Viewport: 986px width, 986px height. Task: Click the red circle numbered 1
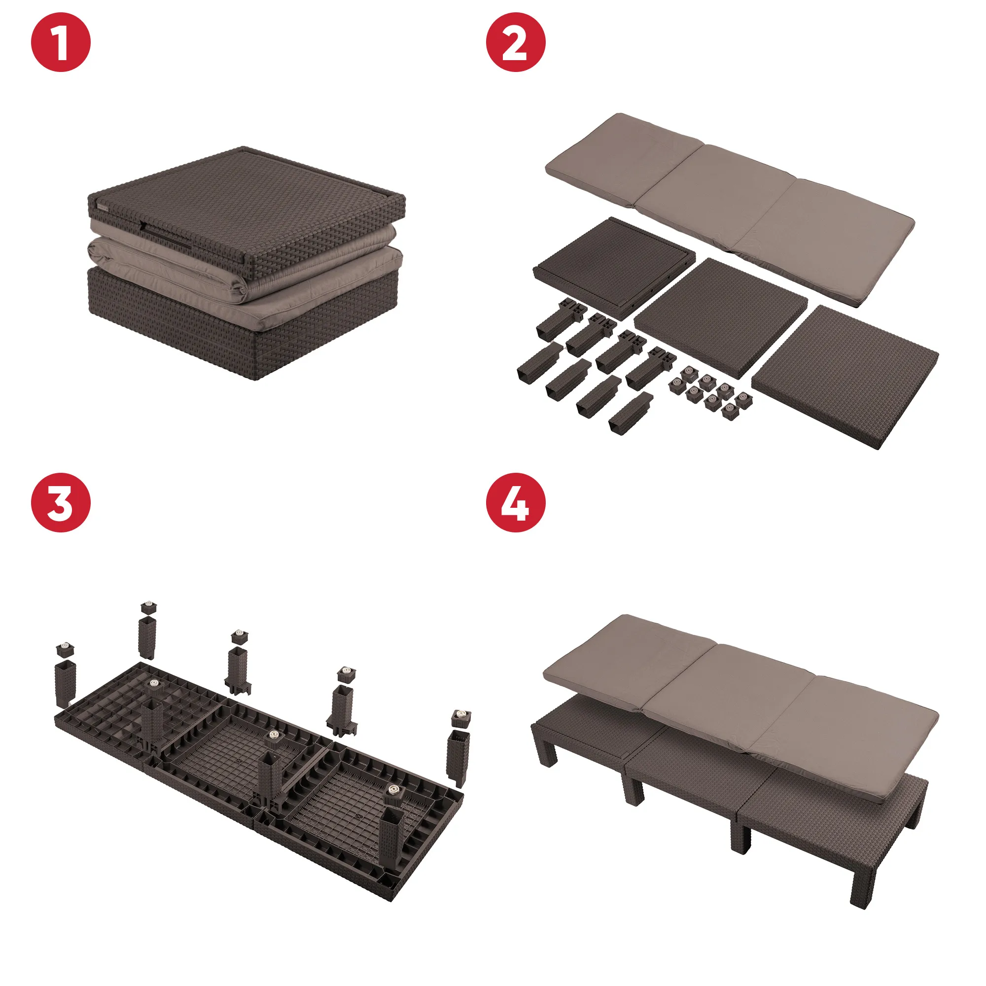(x=61, y=42)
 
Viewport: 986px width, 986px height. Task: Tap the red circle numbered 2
(x=516, y=42)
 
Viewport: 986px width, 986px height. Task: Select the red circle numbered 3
(x=61, y=503)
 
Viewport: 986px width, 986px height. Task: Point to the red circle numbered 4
(x=516, y=503)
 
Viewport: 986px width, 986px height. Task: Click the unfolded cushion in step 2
(x=730, y=209)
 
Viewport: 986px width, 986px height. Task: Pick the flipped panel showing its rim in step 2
(x=614, y=268)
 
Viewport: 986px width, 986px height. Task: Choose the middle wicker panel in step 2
(x=721, y=317)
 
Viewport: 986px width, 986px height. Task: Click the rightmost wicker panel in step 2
(x=845, y=377)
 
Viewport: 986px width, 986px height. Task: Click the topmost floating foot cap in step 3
(x=148, y=607)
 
